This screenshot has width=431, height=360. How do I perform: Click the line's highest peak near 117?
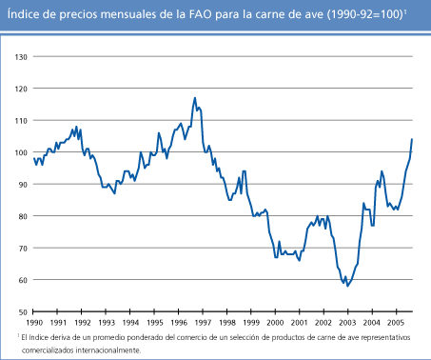point(195,97)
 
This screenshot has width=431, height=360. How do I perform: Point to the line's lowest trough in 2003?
point(347,286)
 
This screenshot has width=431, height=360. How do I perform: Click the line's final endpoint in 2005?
point(412,139)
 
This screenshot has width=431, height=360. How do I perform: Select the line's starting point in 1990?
point(33,158)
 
